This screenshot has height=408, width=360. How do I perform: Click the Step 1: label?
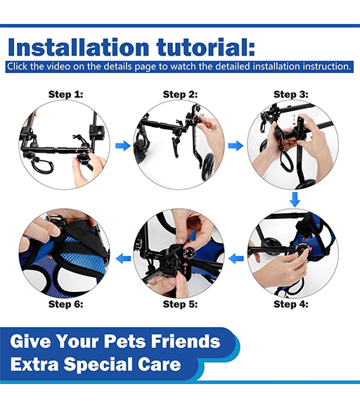click(65, 94)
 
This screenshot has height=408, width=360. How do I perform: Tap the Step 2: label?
click(180, 94)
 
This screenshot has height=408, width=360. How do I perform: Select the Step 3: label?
click(291, 94)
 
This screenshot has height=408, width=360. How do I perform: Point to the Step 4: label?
click(291, 304)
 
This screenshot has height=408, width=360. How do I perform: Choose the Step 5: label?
click(180, 304)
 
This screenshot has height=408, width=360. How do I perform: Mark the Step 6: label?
click(65, 304)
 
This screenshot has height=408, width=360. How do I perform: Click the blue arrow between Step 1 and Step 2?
click(123, 146)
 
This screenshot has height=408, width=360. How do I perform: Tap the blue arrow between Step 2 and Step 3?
click(236, 146)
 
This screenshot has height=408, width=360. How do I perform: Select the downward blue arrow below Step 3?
click(295, 200)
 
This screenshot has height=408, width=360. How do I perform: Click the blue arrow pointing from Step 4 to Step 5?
click(236, 259)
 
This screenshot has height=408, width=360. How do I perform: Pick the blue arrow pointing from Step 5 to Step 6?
click(123, 259)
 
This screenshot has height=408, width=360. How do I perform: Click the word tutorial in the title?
click(206, 47)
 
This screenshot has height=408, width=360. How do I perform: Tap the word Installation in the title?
click(79, 47)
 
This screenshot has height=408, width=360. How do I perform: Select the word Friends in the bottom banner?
click(186, 341)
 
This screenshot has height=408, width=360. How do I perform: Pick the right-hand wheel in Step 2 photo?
click(208, 166)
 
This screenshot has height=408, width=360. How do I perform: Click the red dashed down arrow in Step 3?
click(294, 120)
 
